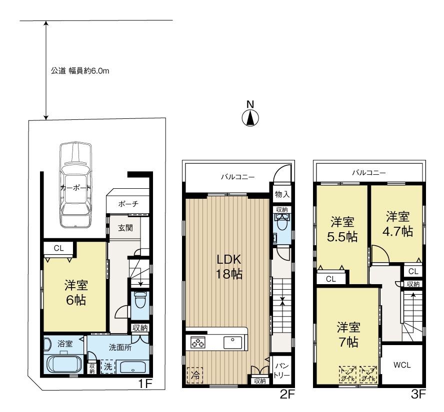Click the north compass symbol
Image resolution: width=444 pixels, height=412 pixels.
(250, 118)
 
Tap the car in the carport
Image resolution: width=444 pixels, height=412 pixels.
(75, 185)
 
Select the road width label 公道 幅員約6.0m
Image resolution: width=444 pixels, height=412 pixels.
(80, 71)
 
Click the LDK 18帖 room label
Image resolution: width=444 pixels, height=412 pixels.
(229, 267)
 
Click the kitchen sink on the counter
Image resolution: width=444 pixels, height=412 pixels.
(232, 343)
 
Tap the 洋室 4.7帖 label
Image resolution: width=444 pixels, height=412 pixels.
(398, 224)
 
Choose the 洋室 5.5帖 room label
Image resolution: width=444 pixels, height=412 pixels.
(343, 229)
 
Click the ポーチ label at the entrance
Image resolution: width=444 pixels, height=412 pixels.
(128, 204)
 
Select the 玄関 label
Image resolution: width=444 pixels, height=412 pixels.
(125, 228)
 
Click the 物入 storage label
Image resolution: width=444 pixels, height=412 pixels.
(282, 194)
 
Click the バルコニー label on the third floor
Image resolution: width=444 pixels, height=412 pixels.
(368, 173)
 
